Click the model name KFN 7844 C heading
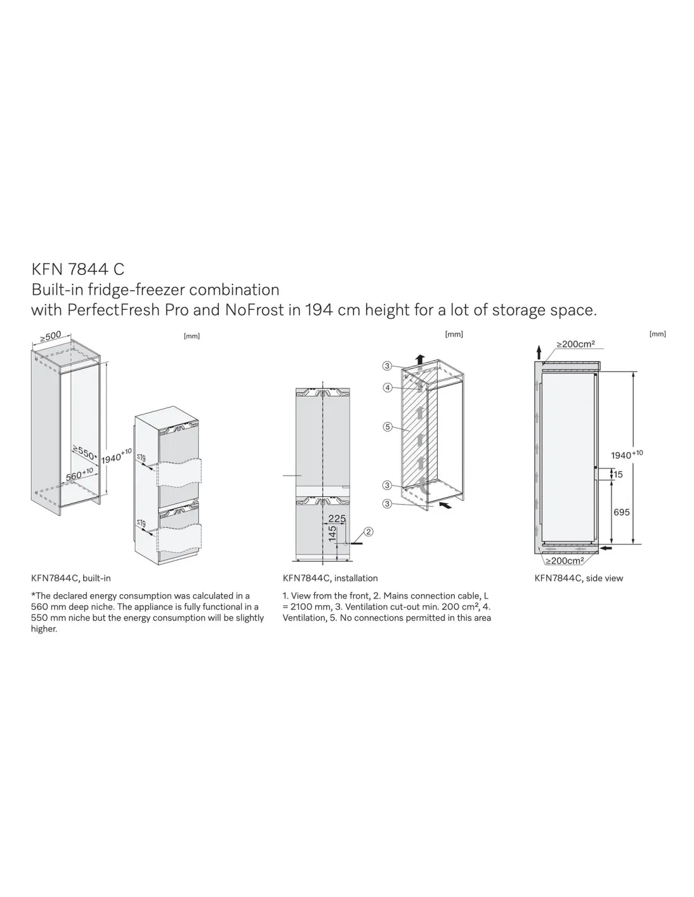click(78, 269)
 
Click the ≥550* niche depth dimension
click(85, 453)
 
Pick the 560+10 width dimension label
click(79, 474)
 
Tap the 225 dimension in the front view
click(336, 519)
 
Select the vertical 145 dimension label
click(332, 533)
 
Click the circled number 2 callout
click(368, 532)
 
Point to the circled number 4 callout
click(387, 387)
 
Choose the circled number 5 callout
click(387, 426)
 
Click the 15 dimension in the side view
click(618, 474)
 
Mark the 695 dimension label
click(621, 512)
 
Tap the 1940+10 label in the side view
click(626, 454)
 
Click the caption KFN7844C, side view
click(579, 578)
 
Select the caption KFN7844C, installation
click(330, 578)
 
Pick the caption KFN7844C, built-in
click(71, 578)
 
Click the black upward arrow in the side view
click(539, 352)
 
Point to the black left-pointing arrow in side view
click(606, 548)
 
